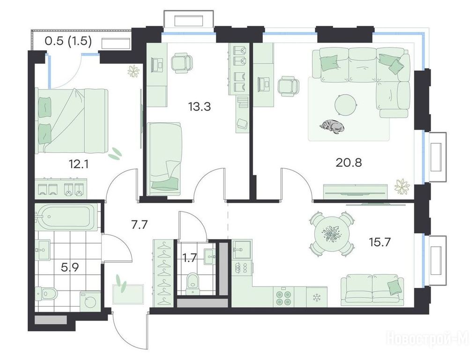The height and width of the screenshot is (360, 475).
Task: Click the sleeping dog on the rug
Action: coord(332,127)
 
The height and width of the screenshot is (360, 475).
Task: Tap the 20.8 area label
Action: coord(349,163)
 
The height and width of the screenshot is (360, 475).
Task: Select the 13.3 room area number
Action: coord(199,107)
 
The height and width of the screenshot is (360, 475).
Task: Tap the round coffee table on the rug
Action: coord(346,105)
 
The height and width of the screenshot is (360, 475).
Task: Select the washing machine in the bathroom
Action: coord(90,300)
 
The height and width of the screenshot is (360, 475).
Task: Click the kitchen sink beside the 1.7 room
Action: coord(241,250)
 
